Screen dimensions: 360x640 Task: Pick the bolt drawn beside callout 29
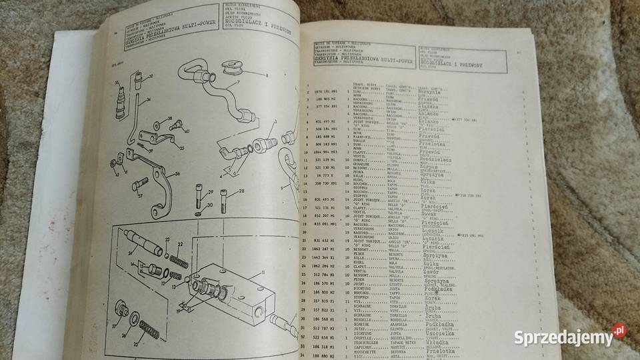click(x=200, y=193)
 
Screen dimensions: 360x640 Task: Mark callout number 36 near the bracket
click(x=177, y=175)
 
